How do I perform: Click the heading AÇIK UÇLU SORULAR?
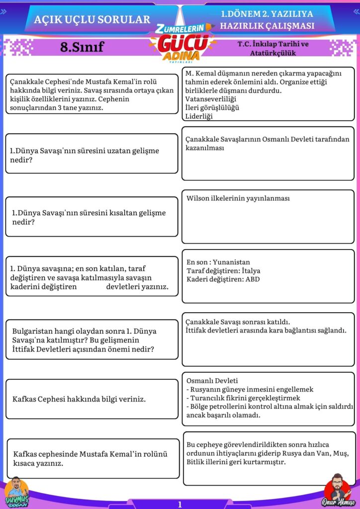click(92, 19)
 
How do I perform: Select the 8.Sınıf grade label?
click(82, 47)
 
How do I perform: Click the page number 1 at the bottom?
click(180, 504)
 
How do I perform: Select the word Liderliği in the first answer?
click(199, 116)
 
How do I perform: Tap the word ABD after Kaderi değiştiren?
click(253, 279)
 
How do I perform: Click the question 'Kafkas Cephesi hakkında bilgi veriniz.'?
click(79, 399)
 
